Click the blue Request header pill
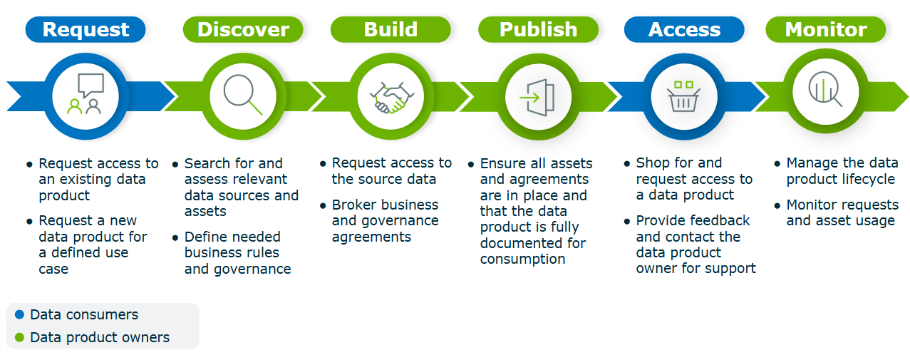(x=86, y=30)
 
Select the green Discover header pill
(x=243, y=30)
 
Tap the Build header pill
(x=391, y=30)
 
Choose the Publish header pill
(x=538, y=30)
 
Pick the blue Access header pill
(x=684, y=30)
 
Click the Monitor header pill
(x=826, y=30)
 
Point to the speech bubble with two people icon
(x=86, y=95)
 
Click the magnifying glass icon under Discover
(x=243, y=95)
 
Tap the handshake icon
(x=391, y=96)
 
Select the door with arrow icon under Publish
(x=538, y=96)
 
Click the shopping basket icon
(x=684, y=96)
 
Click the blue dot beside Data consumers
(x=19, y=314)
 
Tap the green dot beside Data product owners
(x=19, y=337)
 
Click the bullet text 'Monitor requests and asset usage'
(x=842, y=213)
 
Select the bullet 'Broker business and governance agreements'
(x=385, y=221)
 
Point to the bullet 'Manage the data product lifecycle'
(x=842, y=171)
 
